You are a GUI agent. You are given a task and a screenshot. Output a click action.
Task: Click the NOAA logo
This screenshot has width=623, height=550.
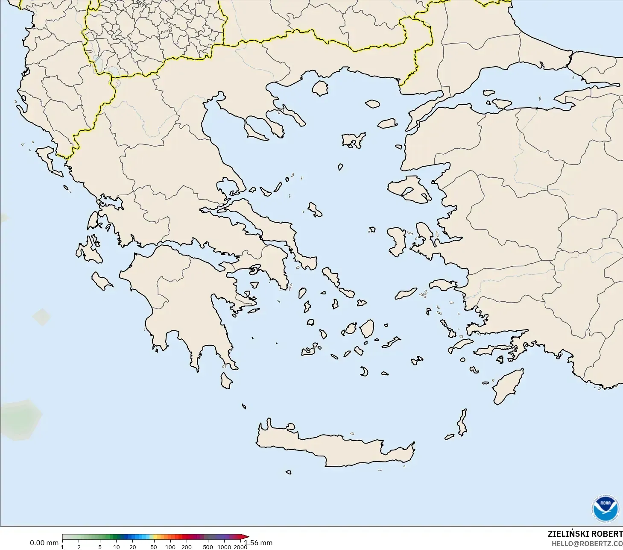(x=605, y=509)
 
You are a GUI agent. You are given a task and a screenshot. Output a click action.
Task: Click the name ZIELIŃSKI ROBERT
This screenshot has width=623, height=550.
(x=585, y=534)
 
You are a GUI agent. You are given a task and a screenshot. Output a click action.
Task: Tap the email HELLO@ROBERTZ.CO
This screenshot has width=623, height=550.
(x=587, y=544)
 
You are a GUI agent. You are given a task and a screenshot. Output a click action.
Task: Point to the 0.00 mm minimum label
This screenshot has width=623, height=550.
(x=44, y=543)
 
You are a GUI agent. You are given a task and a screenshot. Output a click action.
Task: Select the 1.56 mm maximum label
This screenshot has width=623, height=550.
(x=258, y=543)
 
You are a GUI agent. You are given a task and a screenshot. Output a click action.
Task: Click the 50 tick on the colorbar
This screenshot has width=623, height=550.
(x=153, y=547)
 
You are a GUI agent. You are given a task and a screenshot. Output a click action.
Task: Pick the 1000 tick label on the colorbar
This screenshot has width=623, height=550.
(x=224, y=547)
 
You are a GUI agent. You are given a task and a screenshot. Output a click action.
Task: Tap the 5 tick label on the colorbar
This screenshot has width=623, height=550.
(x=100, y=547)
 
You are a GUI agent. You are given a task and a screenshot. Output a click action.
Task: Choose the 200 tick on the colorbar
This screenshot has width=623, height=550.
(x=187, y=547)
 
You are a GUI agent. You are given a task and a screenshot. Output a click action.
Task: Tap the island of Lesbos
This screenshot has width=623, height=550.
(x=408, y=188)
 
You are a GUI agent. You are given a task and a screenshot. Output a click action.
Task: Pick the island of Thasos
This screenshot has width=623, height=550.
(x=320, y=88)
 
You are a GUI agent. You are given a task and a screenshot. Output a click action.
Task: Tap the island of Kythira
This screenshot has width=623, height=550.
(x=226, y=380)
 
